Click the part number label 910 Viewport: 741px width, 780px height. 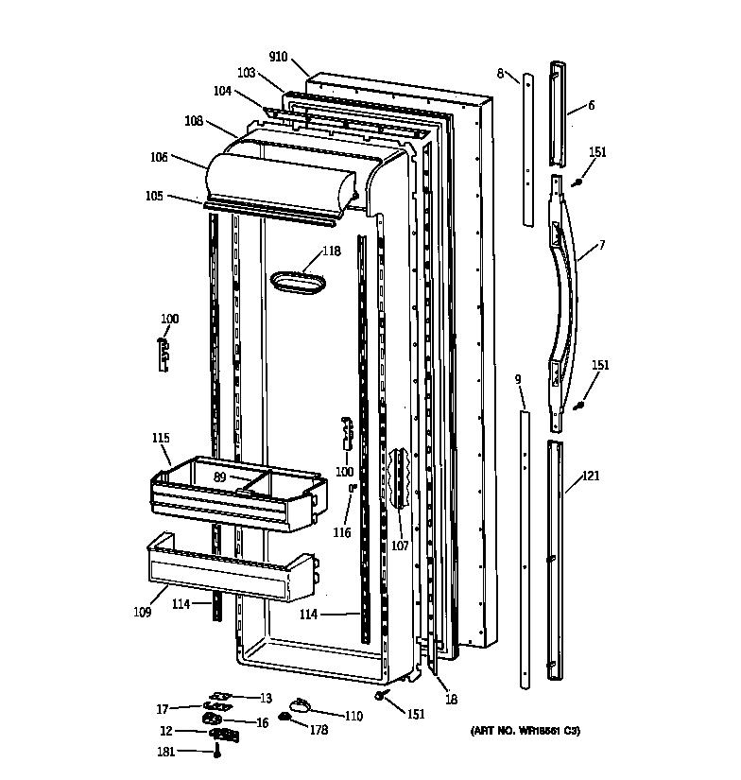point(278,57)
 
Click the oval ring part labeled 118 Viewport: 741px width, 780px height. point(299,280)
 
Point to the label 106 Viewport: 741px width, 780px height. point(159,158)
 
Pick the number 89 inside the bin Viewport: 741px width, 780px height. point(220,478)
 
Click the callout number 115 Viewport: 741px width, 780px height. point(161,438)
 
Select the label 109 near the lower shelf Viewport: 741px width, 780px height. point(142,612)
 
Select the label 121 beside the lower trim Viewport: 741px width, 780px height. point(591,477)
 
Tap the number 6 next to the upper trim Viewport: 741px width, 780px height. point(591,106)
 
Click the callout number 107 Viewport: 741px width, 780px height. point(400,545)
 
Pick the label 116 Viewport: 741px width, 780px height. point(341,533)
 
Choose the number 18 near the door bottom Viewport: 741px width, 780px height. point(452,699)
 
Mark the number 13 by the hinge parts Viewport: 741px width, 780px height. point(266,699)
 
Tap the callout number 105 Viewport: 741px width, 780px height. point(154,196)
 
